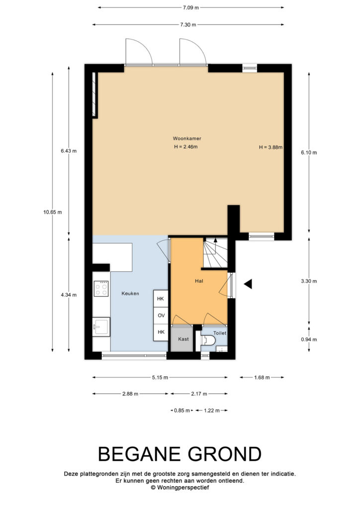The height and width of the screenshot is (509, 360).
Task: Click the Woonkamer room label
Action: coord(186,138)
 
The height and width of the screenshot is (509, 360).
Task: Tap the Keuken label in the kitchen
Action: coord(130,293)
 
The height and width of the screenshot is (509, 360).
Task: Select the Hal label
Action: coord(199,281)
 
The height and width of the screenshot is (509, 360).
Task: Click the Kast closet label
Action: coord(183,339)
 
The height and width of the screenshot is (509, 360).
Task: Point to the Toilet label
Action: coord(220,333)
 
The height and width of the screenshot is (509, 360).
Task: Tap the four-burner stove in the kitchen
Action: coord(101,288)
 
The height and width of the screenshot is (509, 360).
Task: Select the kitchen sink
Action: coord(101,327)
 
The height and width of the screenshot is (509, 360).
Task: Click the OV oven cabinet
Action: coord(161,315)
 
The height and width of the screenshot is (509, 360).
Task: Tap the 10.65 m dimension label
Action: coord(53,212)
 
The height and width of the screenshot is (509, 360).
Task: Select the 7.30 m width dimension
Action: coord(188,25)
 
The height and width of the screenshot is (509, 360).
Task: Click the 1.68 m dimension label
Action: coord(262,377)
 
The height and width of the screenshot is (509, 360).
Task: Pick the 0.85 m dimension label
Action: coord(182,410)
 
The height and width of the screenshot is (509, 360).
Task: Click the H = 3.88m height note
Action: coord(270,147)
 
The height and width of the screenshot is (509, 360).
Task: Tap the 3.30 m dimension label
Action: coord(309,281)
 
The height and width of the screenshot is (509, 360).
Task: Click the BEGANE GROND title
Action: coord(180,454)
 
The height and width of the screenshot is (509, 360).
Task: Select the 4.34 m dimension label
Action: coord(69,295)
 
